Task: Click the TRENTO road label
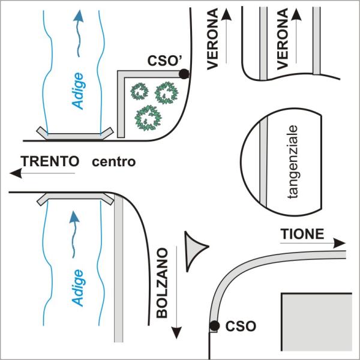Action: coord(50,161)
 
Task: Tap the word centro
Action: coord(114,162)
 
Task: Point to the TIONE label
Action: coord(302,233)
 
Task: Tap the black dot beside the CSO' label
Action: coord(184,74)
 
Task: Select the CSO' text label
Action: coord(162,61)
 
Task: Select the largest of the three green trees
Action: coord(148,116)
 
